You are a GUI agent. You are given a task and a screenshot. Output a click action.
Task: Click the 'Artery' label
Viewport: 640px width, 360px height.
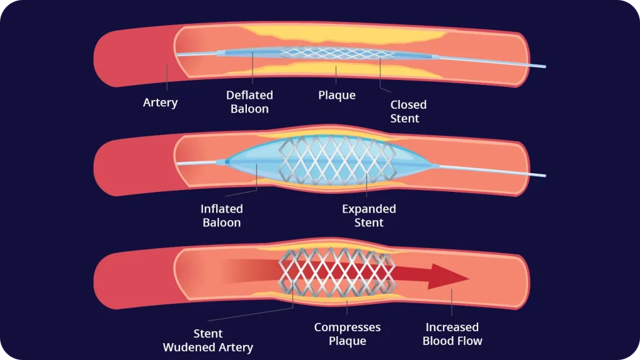click(x=161, y=102)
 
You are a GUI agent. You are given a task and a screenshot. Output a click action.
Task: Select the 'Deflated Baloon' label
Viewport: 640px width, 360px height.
click(x=249, y=102)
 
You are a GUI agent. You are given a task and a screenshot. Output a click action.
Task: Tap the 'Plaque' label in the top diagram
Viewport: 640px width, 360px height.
click(x=337, y=96)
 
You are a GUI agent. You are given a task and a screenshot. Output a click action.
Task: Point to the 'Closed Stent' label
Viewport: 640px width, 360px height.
click(x=408, y=111)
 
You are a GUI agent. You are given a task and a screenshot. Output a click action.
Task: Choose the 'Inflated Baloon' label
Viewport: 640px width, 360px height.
click(x=222, y=216)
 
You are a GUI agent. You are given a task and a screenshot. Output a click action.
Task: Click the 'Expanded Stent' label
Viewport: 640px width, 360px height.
click(x=369, y=216)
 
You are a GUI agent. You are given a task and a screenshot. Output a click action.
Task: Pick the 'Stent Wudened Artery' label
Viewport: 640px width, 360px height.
click(x=208, y=341)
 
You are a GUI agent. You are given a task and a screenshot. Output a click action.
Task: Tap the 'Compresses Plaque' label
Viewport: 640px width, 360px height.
click(x=347, y=334)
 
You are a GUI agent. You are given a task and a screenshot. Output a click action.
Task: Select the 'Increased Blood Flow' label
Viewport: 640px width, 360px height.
click(x=452, y=334)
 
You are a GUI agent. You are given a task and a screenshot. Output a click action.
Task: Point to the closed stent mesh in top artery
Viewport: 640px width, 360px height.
click(x=337, y=53)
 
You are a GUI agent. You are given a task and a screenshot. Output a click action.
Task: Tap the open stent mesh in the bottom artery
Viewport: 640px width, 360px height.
click(x=337, y=272)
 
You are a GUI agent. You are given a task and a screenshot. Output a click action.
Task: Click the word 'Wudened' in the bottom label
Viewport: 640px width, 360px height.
click(x=189, y=347)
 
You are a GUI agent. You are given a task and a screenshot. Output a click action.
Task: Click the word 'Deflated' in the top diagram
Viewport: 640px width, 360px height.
click(x=249, y=95)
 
